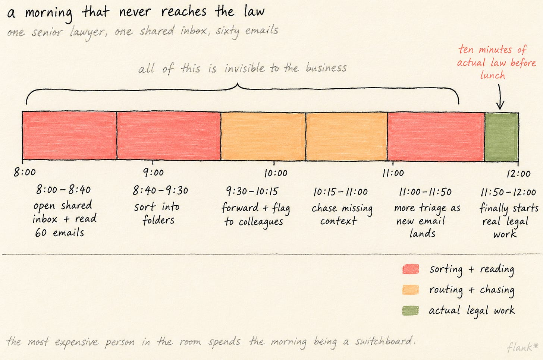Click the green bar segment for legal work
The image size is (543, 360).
[x=501, y=137]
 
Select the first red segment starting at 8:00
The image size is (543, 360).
[x=70, y=135]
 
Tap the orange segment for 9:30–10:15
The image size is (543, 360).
[x=263, y=136]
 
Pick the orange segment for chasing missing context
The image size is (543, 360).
[x=347, y=137]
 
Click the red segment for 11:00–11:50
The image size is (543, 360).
[x=436, y=137]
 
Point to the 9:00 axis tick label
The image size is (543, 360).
[x=153, y=173]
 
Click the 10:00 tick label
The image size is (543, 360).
[x=276, y=173]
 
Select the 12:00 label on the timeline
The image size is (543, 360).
[x=518, y=173]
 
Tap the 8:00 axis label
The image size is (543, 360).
[x=25, y=172]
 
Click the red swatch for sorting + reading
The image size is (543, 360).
[x=411, y=269]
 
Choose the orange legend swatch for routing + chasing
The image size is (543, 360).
[x=410, y=290]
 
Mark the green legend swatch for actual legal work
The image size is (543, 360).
[x=410, y=310]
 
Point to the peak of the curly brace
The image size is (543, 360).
[x=238, y=84]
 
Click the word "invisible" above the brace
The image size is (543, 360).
[x=244, y=68]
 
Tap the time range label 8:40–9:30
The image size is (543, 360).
[x=160, y=190]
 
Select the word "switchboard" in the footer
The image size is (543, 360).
[x=386, y=341]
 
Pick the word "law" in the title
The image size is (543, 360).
[x=254, y=12]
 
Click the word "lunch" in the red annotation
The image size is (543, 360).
[x=493, y=75]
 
